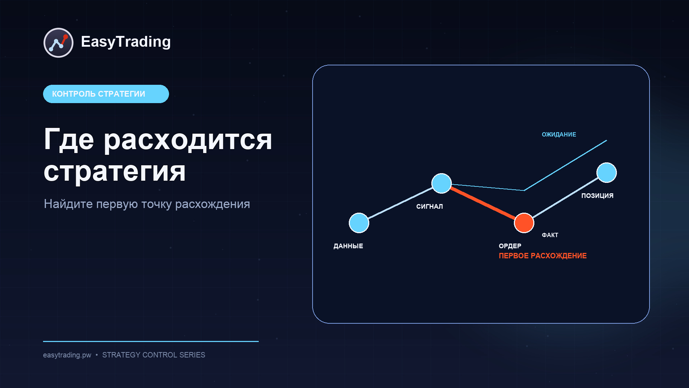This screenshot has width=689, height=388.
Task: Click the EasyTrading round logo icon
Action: (58, 43)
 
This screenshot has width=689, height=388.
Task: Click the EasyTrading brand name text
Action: (126, 42)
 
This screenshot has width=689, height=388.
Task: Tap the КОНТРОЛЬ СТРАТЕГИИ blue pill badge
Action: (106, 94)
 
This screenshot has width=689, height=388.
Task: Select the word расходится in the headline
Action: (188, 140)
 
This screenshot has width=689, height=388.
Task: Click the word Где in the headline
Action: (69, 139)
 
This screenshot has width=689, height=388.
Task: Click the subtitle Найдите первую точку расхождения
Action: (147, 204)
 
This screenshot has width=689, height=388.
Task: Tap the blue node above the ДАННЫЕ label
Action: (359, 223)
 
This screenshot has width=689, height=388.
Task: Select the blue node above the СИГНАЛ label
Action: (441, 183)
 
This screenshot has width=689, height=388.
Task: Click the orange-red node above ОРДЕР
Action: (524, 223)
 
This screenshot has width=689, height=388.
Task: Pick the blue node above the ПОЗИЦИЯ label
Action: (606, 172)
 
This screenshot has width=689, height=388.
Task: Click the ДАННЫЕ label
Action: (348, 246)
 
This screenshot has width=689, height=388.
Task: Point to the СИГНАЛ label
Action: (430, 207)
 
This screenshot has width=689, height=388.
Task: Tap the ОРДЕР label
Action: (510, 246)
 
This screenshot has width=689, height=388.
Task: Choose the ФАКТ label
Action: (550, 235)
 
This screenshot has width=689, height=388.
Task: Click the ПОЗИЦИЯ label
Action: (597, 196)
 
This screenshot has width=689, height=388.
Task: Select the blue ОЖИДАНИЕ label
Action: (559, 134)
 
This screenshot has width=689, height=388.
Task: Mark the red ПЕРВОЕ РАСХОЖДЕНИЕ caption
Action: (543, 256)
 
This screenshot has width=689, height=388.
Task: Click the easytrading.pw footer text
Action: (67, 355)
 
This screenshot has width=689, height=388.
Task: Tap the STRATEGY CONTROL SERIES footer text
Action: (154, 355)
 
